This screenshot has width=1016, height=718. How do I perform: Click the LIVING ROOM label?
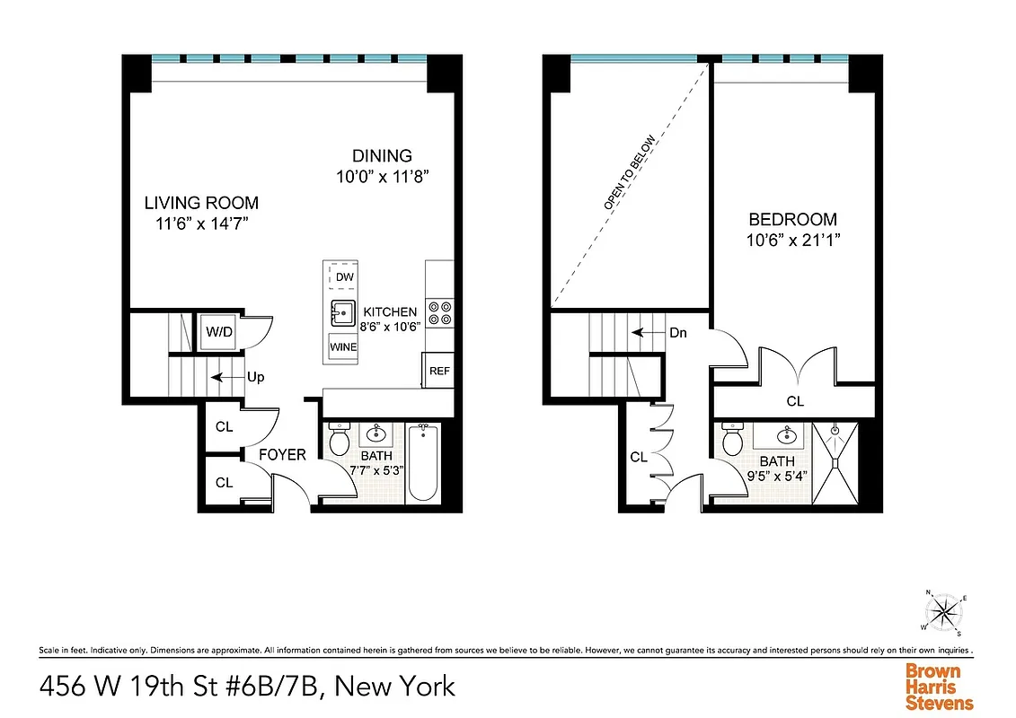[x=201, y=203]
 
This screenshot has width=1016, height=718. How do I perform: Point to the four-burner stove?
[x=439, y=312]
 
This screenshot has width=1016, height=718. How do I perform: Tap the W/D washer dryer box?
[x=219, y=332]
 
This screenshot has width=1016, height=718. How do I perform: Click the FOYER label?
[x=282, y=455]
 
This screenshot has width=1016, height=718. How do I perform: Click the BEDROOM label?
[x=793, y=219]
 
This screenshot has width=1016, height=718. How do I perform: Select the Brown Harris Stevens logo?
[x=939, y=687]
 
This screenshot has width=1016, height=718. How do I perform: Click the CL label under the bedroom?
[x=795, y=401]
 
